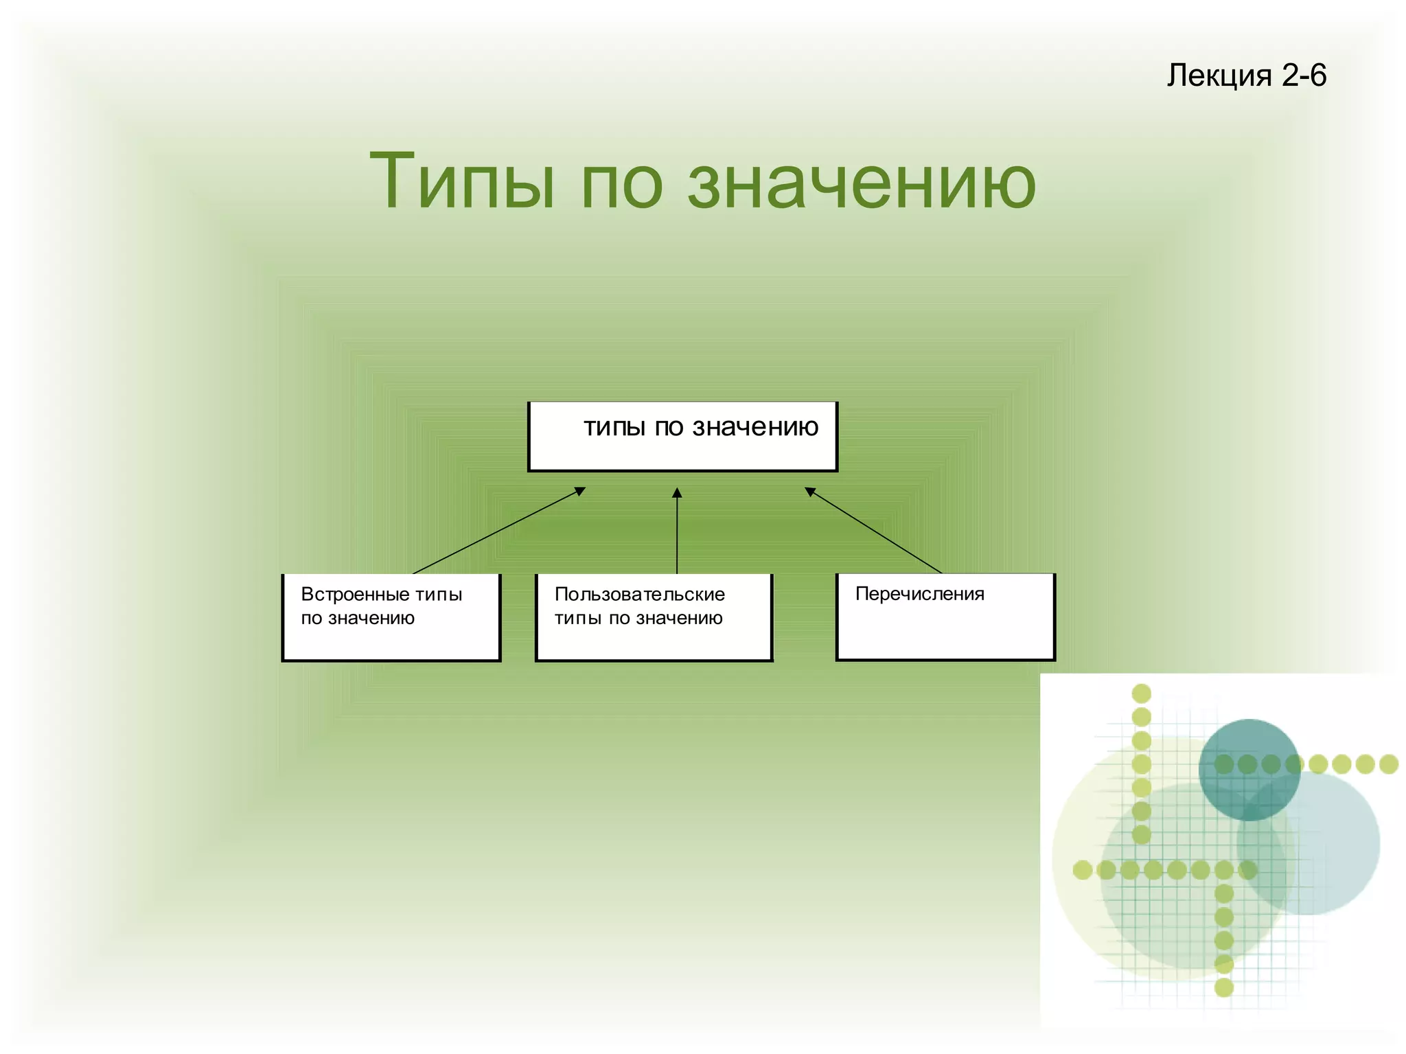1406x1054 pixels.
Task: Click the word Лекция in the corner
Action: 1219,76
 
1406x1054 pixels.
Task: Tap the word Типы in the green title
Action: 461,182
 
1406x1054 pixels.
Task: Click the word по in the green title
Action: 621,185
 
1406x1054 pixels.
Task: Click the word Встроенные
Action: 355,594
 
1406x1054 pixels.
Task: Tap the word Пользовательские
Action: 639,594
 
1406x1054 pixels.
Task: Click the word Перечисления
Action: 919,594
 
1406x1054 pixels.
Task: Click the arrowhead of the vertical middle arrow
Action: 677,492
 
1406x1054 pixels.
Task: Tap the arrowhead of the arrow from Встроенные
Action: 580,491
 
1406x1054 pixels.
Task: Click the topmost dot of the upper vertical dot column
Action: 1141,693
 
